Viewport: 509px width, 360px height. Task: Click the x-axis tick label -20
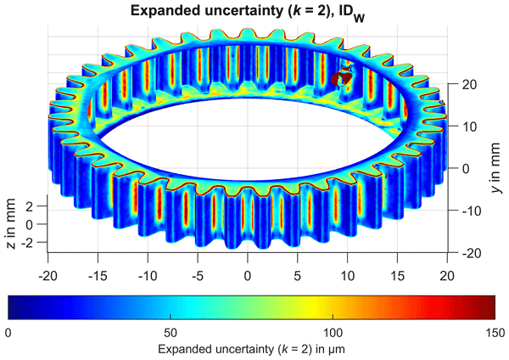(48, 275)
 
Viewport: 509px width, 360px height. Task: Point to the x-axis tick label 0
(248, 275)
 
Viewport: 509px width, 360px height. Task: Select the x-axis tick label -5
(197, 275)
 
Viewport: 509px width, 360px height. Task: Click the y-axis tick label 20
(466, 85)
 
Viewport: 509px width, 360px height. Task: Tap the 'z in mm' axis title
(11, 222)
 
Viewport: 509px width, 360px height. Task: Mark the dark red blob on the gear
(343, 78)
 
